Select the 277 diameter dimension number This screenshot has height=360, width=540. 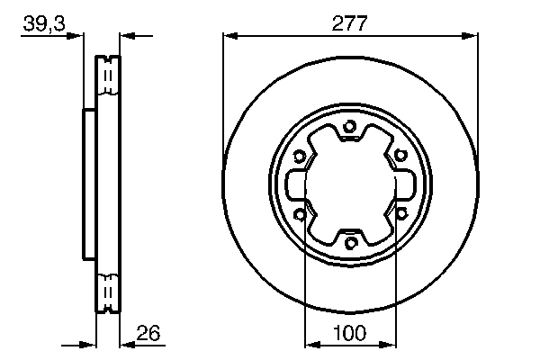tap(349, 24)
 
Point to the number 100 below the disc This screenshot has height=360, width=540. tap(350, 333)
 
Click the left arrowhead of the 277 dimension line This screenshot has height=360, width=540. tap(229, 36)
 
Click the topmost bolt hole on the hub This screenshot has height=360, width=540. tap(351, 125)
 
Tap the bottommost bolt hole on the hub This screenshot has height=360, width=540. tap(351, 242)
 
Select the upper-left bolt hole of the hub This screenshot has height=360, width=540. tap(300, 155)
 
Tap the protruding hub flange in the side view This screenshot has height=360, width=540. tap(88, 184)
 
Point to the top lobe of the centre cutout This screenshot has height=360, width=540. tap(351, 139)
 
